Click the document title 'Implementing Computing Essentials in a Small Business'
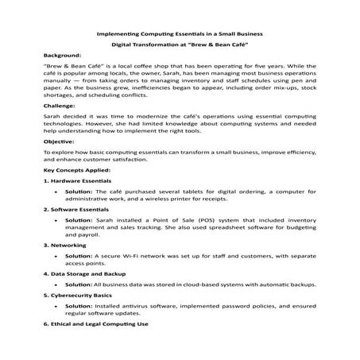coord(180,34)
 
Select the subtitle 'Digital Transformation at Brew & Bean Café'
coord(180,46)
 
